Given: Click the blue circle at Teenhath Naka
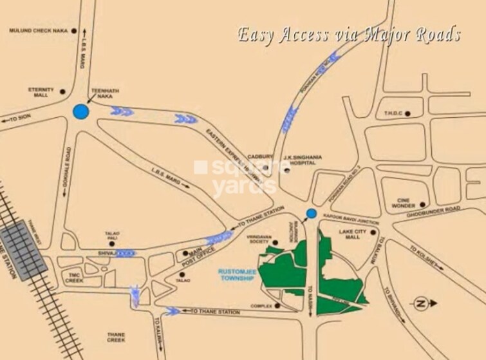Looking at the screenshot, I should (x=80, y=112).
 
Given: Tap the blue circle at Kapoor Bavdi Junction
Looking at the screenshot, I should (x=311, y=213).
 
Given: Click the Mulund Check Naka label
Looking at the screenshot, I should (x=39, y=30).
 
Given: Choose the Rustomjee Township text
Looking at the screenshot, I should (x=235, y=274).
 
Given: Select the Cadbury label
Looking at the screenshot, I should (x=263, y=156).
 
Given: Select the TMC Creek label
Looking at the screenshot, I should (x=74, y=277).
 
